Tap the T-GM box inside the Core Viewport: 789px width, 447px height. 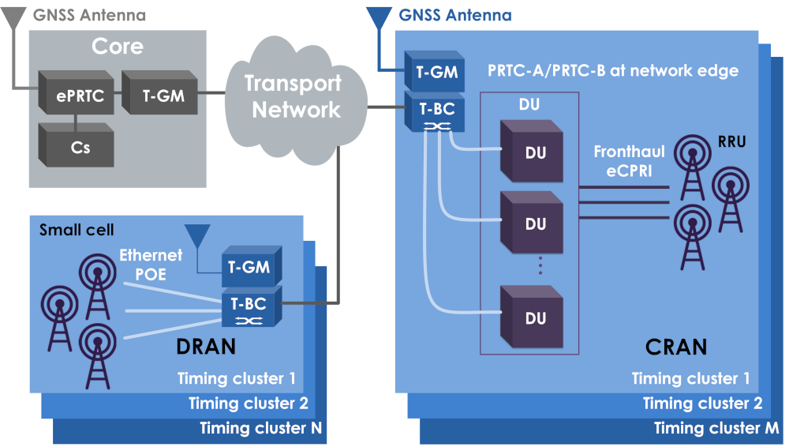click(x=162, y=96)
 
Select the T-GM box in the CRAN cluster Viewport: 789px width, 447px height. click(x=432, y=73)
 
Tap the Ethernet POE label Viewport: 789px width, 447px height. click(x=151, y=264)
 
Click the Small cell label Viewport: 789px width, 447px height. click(x=77, y=230)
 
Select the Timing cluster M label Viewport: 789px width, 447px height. click(x=716, y=429)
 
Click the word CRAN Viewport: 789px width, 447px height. click(x=676, y=346)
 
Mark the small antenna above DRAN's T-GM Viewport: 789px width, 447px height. click(x=196, y=236)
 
